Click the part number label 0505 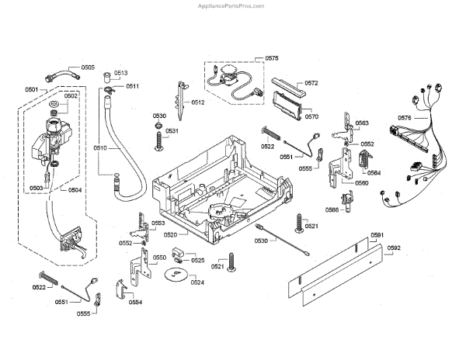88,67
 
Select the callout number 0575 272,58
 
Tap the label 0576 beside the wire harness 405,117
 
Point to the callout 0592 394,248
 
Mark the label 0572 311,82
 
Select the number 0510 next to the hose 100,147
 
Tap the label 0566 332,210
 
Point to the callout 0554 135,303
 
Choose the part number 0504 75,189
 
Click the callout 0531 172,131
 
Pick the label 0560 362,184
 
